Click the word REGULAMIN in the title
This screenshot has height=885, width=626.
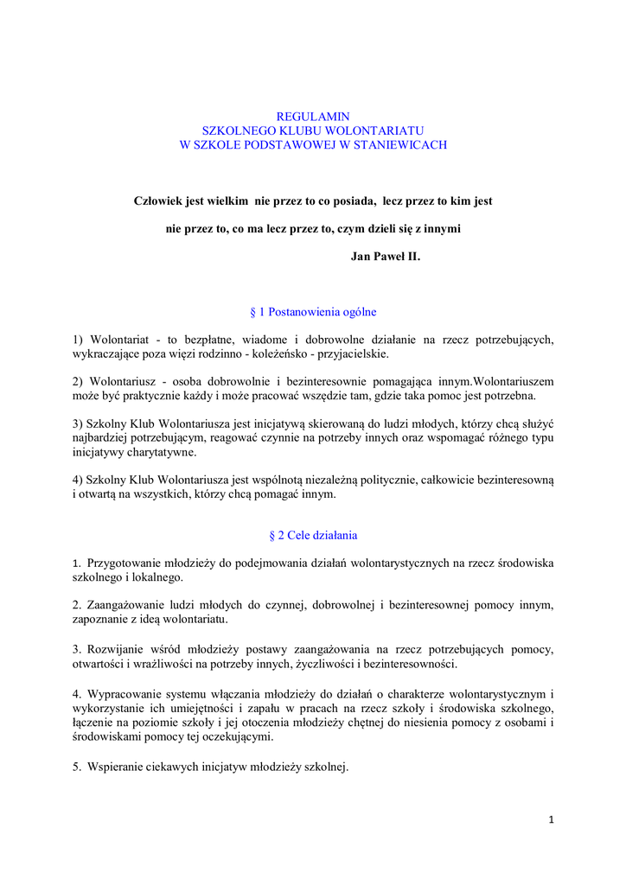click(x=312, y=115)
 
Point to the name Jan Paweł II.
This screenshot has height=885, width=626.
click(x=386, y=257)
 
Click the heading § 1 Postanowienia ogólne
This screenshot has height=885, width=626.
click(x=312, y=312)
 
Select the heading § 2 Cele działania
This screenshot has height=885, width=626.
click(x=313, y=535)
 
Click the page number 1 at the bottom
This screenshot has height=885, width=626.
click(x=551, y=818)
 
